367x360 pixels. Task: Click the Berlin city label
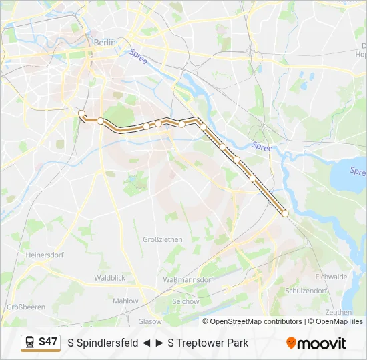pyautogui.click(x=105, y=42)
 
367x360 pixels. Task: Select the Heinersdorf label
pyautogui.click(x=44, y=255)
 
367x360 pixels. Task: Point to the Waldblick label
pyautogui.click(x=109, y=277)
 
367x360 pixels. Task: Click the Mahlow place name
pyautogui.click(x=125, y=301)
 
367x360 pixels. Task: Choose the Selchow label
pyautogui.click(x=186, y=301)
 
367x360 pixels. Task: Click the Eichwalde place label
pyautogui.click(x=331, y=276)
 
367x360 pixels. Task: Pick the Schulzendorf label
pyautogui.click(x=306, y=291)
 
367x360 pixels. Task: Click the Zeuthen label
pyautogui.click(x=339, y=312)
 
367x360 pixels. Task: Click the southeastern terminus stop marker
pyautogui.click(x=285, y=213)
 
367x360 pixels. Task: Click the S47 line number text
pyautogui.click(x=48, y=342)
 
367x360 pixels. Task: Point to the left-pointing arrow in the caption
pyautogui.click(x=146, y=343)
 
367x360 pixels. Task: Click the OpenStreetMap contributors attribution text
pyautogui.click(x=256, y=321)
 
